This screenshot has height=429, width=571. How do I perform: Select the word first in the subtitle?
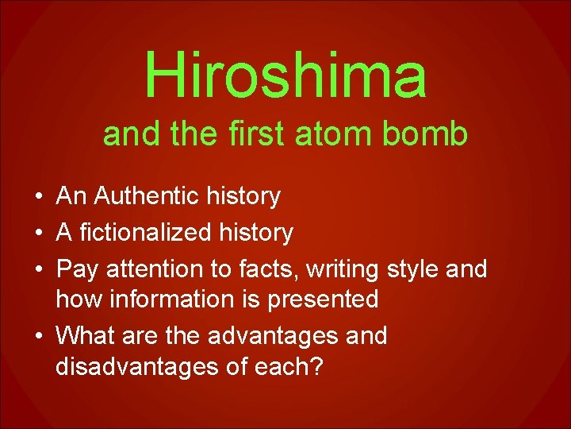point(247,135)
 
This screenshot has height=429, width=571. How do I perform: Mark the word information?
point(168,300)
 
